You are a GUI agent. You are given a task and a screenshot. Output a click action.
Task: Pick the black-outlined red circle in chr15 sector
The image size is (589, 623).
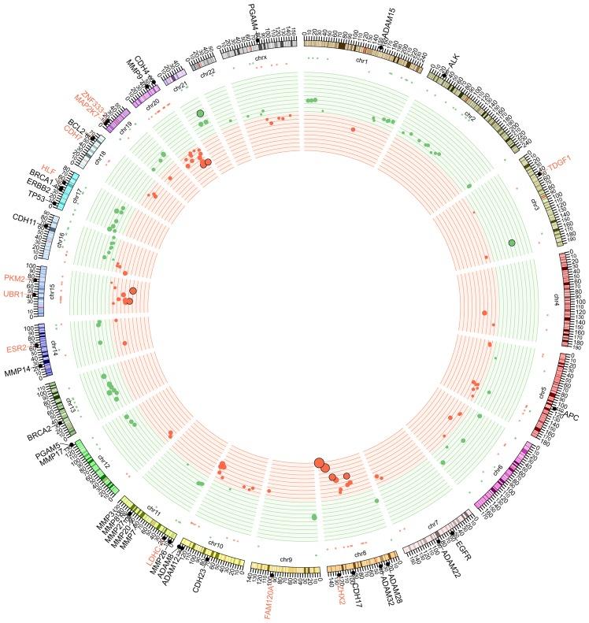click(133, 291)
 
